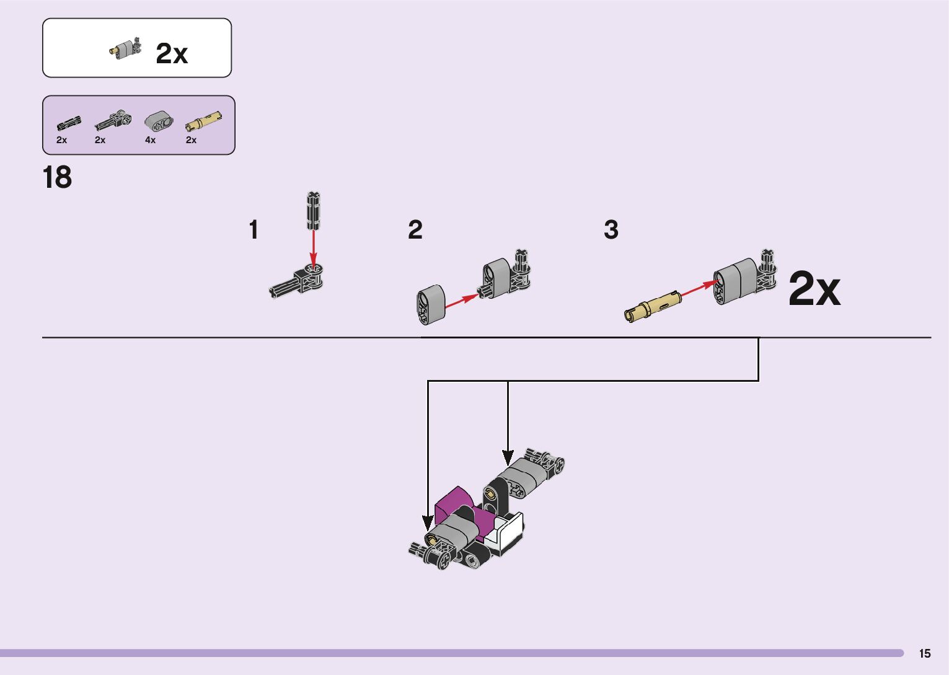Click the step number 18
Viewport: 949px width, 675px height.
click(x=57, y=178)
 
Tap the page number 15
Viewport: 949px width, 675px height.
click(x=924, y=653)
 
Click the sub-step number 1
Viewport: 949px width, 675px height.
click(x=253, y=230)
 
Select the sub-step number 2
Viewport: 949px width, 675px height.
click(x=415, y=230)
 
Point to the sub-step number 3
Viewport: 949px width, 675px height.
click(x=611, y=230)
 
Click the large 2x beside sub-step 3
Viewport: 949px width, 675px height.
click(x=814, y=289)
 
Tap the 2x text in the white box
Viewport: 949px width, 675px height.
click(x=172, y=54)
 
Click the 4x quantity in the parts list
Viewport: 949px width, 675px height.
click(x=150, y=140)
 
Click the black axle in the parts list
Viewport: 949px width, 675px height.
click(x=68, y=122)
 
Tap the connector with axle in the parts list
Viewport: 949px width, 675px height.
click(x=113, y=120)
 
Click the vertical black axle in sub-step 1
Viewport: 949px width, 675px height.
click(x=314, y=211)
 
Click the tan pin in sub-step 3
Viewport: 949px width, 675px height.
click(x=653, y=306)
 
